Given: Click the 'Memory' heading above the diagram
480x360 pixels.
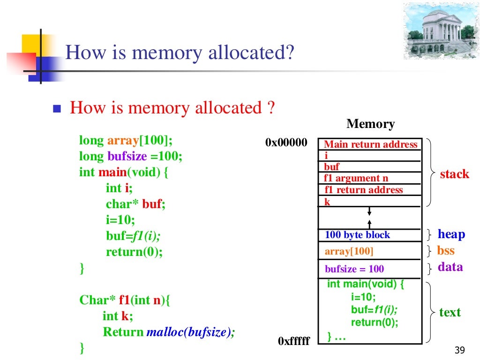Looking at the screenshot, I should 370,124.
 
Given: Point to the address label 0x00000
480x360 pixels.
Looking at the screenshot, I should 286,142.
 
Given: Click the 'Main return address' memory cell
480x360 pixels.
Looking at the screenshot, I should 370,144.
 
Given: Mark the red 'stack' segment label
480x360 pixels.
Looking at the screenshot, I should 454,174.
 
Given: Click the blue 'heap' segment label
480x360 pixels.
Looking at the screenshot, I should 451,234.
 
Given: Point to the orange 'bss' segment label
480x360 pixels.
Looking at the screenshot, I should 446,250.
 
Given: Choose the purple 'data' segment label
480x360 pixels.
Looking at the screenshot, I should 450,267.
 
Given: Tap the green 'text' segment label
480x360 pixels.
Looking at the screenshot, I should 450,313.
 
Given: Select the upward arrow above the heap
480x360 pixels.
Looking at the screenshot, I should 370,223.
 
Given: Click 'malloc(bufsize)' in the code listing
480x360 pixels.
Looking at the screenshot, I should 189,332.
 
